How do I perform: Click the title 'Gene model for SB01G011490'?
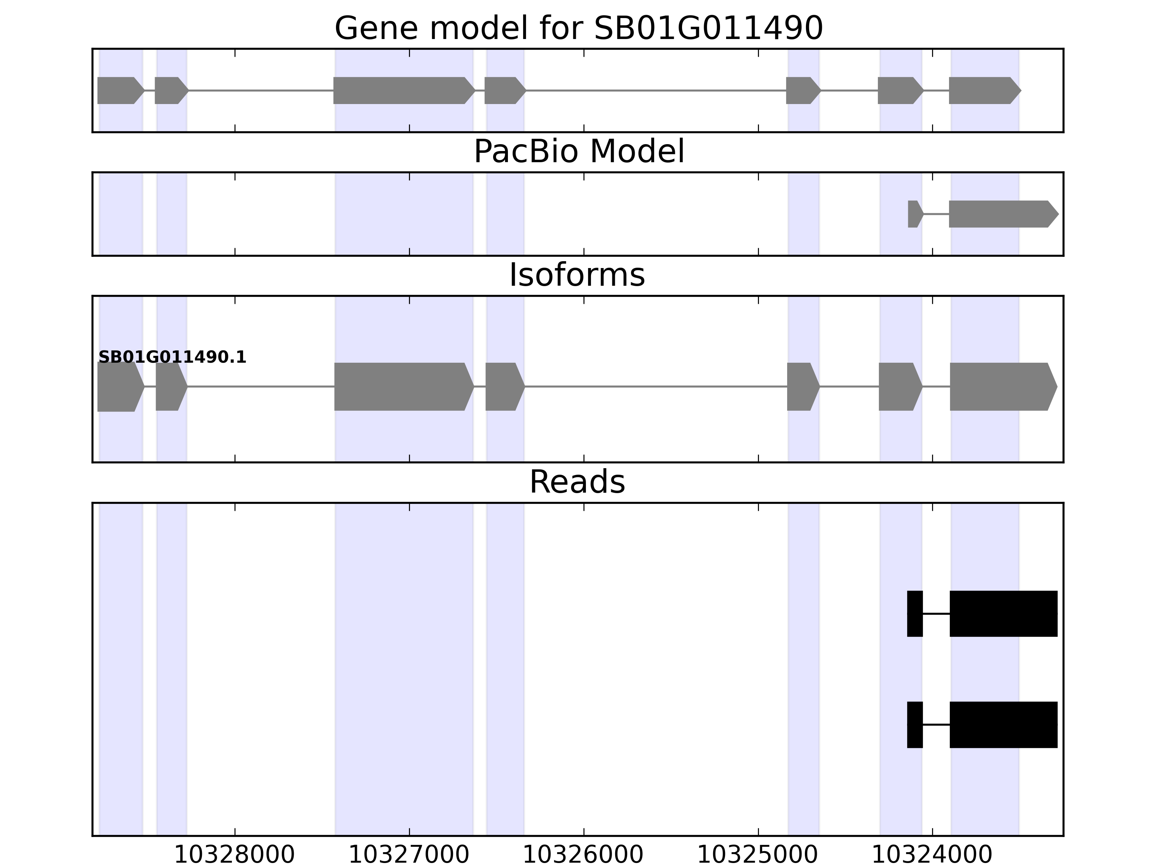(x=578, y=28)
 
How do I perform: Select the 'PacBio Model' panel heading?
(x=578, y=152)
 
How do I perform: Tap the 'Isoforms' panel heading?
(x=577, y=275)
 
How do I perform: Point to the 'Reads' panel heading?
(x=577, y=482)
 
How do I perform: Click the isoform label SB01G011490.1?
(x=172, y=358)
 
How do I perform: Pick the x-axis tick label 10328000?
(x=234, y=855)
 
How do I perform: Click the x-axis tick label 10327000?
(x=409, y=855)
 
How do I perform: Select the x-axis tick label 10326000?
(x=583, y=855)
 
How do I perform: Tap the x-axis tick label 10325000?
(x=758, y=855)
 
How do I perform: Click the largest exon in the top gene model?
(x=402, y=90)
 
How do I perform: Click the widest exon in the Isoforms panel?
(x=402, y=387)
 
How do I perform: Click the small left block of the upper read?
(x=915, y=613)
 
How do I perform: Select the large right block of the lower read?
(x=1003, y=724)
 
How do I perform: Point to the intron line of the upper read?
(x=936, y=613)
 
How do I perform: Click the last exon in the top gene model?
(x=983, y=90)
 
